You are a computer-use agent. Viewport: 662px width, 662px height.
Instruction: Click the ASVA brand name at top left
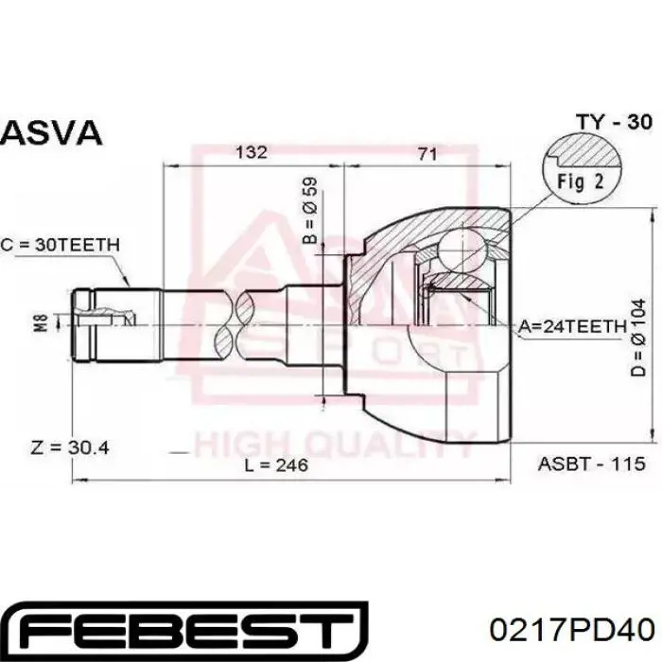point(51,132)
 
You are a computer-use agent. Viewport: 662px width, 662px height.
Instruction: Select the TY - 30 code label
point(615,122)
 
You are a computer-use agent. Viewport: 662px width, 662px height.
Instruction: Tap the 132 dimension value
point(252,152)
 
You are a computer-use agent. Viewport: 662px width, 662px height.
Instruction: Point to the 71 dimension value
point(427,153)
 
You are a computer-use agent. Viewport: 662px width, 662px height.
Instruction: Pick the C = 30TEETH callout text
point(61,244)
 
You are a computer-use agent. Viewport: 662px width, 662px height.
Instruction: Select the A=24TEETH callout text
point(572,326)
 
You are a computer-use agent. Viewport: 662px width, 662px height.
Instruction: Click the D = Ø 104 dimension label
point(638,338)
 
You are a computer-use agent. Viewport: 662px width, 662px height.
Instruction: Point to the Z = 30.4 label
point(70,447)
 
